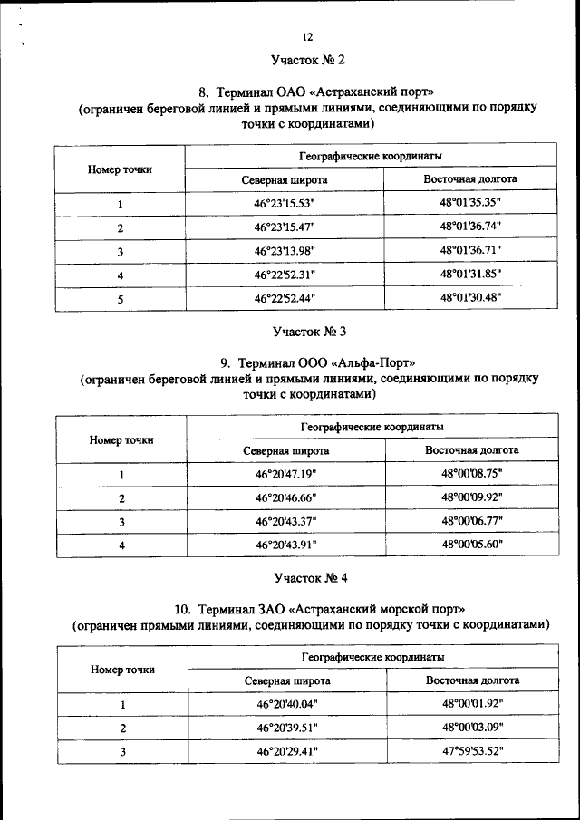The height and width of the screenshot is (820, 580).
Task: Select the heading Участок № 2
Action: (308, 61)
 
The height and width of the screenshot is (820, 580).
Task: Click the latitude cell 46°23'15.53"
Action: (284, 203)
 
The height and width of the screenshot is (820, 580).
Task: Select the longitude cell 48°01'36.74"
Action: (470, 227)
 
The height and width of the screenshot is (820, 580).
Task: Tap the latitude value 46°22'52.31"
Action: (284, 274)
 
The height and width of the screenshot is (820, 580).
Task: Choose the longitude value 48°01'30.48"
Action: (470, 297)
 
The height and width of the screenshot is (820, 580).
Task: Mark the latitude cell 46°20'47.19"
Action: (285, 474)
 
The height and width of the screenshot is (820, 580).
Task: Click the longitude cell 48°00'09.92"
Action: (471, 497)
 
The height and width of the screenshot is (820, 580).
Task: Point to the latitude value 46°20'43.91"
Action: (285, 545)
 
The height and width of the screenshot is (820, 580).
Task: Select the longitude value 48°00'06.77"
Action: (471, 521)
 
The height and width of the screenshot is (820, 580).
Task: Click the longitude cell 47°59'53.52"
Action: (472, 751)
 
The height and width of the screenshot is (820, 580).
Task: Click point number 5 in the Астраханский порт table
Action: (120, 297)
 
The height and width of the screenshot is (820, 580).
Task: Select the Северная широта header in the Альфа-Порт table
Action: (285, 450)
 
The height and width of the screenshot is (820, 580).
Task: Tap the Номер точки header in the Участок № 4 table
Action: (122, 670)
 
